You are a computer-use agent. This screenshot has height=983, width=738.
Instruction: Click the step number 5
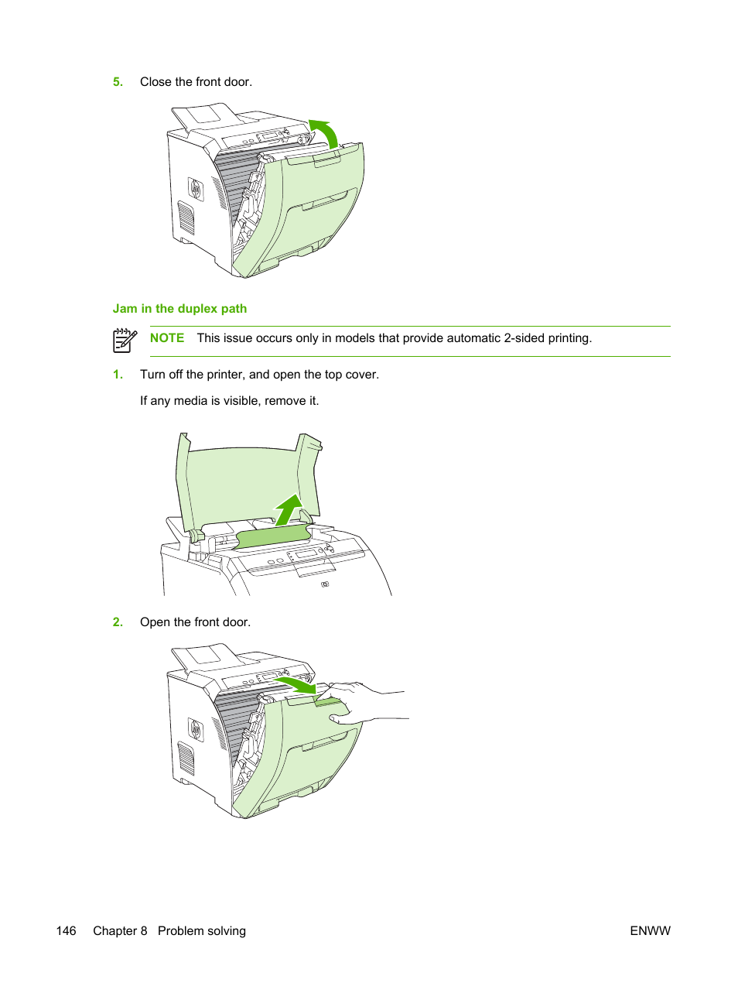click(x=118, y=82)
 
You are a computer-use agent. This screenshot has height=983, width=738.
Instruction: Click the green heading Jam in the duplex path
click(x=179, y=309)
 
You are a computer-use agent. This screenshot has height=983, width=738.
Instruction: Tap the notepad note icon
click(x=125, y=340)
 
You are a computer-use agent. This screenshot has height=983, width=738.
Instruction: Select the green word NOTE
click(x=167, y=338)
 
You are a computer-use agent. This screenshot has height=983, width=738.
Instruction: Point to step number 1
click(x=118, y=375)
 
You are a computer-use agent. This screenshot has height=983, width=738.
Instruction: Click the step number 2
click(x=118, y=622)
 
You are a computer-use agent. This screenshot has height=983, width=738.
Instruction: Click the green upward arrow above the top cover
click(x=289, y=509)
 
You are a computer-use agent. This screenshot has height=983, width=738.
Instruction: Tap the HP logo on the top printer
click(x=195, y=188)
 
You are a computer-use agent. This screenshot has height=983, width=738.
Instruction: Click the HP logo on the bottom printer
click(x=195, y=729)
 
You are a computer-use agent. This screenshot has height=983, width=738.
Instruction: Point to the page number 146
click(x=67, y=931)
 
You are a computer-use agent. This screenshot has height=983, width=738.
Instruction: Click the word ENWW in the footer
click(x=650, y=931)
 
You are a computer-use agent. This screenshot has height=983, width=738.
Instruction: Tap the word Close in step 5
click(x=155, y=82)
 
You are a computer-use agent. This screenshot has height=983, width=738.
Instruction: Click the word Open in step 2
click(x=155, y=622)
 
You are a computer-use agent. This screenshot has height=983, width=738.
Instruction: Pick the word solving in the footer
click(x=224, y=931)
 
